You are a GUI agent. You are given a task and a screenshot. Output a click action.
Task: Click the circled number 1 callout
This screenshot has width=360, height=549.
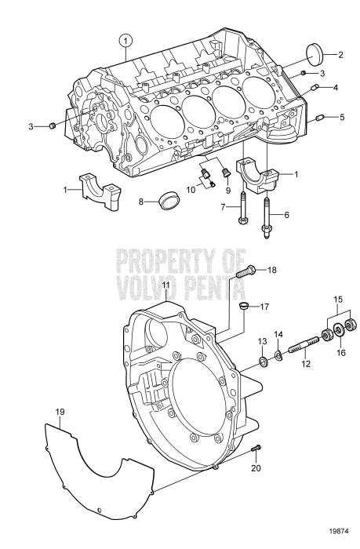[x=124, y=38]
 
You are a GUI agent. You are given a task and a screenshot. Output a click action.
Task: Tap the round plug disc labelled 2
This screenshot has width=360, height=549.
[x=318, y=56]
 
